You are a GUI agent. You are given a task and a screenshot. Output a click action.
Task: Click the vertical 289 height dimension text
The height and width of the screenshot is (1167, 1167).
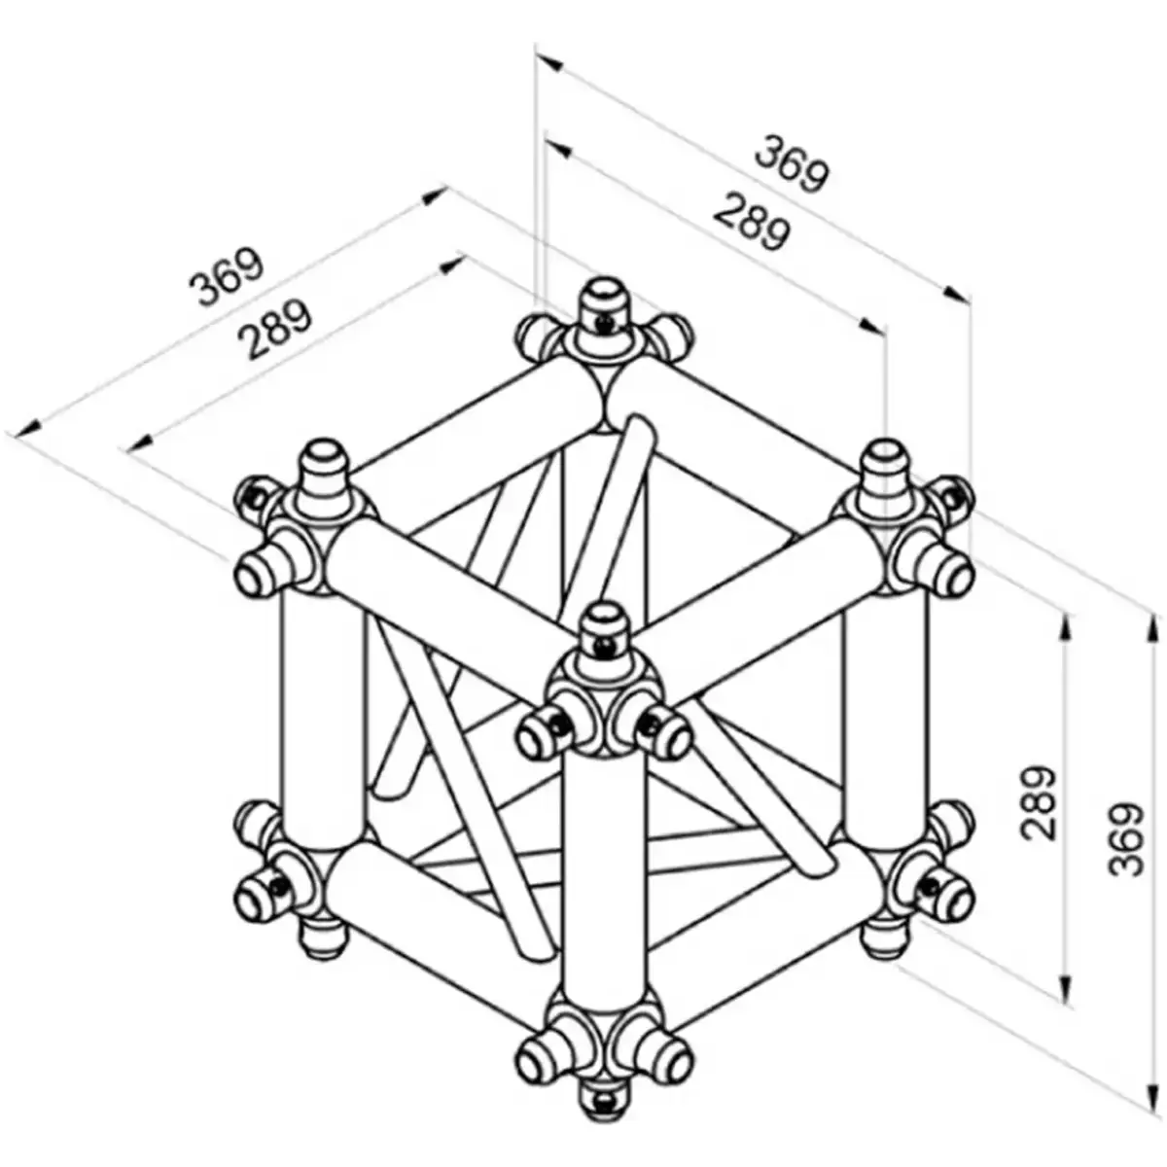(x=1038, y=803)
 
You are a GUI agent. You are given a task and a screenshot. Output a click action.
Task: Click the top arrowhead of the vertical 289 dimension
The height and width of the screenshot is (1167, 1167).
(x=1068, y=627)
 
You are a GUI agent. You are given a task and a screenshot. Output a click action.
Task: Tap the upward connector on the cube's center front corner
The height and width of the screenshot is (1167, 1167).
(x=607, y=627)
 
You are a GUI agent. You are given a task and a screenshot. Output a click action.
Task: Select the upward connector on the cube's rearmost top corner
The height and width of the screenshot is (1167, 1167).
(x=606, y=301)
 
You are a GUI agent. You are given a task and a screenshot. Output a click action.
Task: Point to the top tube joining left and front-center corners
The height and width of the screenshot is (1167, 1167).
(x=447, y=593)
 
